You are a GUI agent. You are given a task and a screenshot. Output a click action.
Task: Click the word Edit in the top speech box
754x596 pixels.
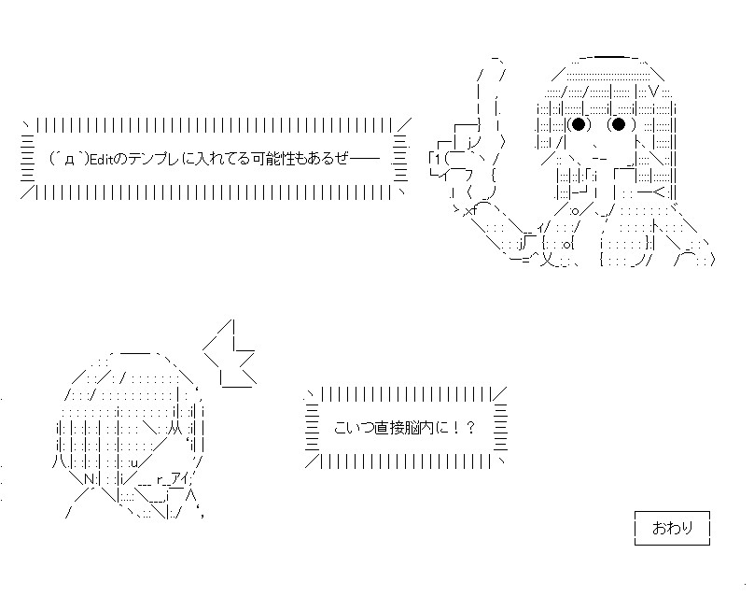pos(101,159)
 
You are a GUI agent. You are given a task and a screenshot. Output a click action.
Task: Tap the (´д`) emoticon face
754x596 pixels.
pos(70,159)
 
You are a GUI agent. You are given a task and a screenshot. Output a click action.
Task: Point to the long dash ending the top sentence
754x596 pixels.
pos(365,159)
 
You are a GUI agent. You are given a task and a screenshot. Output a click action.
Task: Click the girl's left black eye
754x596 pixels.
pos(579,124)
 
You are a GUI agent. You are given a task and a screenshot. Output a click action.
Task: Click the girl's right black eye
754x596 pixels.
pos(619,124)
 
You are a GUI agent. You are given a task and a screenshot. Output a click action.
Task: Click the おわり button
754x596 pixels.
pos(672,528)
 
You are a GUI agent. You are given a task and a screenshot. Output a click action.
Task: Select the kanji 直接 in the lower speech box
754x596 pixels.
pos(389,428)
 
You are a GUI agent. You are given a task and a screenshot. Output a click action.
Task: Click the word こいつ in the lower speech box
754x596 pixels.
pos(354,428)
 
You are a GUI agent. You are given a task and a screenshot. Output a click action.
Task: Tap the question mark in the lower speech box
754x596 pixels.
pos(470,428)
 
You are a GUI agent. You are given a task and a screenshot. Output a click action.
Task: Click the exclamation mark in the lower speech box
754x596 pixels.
pos(456,428)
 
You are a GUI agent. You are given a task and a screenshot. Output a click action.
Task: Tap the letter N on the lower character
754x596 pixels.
pos(90,479)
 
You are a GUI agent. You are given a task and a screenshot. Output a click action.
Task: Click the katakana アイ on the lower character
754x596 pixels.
pos(180,479)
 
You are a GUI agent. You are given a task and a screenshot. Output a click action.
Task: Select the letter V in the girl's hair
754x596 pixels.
pos(654,90)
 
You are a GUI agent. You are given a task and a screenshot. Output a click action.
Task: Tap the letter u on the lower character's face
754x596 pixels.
pos(134,463)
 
